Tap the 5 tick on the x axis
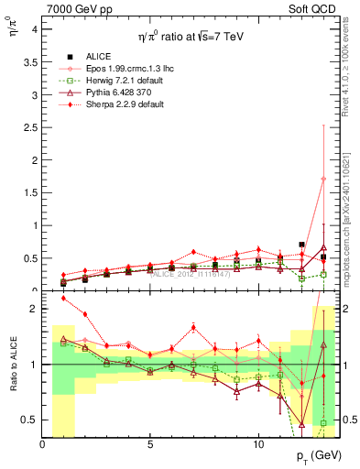click(x=150, y=444)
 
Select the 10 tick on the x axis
click(x=258, y=444)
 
